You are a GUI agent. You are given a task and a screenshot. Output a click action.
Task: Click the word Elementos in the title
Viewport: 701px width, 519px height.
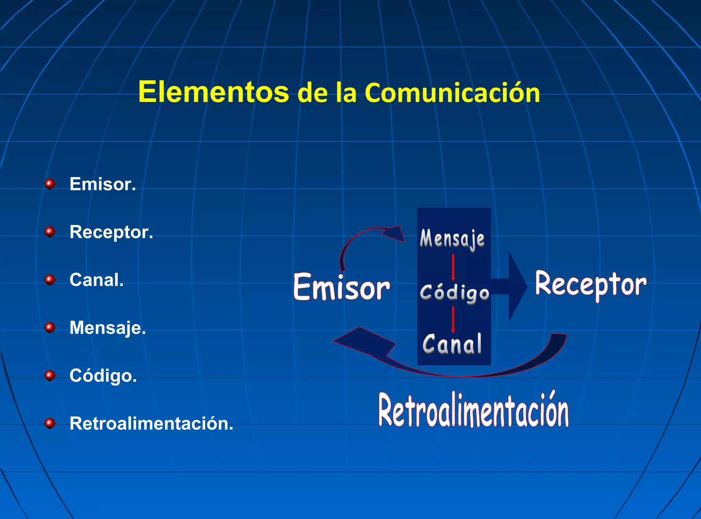click(214, 92)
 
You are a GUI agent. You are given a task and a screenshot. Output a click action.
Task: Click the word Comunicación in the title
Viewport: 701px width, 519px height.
click(452, 93)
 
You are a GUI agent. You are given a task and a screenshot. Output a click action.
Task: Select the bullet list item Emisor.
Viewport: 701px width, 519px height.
click(103, 184)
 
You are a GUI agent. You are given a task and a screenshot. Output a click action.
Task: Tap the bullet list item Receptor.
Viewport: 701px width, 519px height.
click(111, 232)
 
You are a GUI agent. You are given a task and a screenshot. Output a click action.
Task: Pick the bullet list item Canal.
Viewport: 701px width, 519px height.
click(97, 280)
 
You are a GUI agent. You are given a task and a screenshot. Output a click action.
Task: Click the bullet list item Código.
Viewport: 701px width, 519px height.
click(103, 376)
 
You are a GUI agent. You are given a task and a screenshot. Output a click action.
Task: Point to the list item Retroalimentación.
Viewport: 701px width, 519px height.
click(151, 424)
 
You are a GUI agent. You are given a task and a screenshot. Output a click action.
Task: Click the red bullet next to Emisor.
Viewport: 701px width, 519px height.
click(50, 184)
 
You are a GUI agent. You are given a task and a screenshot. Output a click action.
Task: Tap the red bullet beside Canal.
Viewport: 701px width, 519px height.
click(50, 280)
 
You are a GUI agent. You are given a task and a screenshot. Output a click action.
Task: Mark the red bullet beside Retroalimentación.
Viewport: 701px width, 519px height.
click(50, 424)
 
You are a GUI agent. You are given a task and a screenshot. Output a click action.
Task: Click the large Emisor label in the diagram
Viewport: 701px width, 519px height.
click(341, 287)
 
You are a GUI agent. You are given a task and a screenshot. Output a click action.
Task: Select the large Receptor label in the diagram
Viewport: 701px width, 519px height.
click(590, 284)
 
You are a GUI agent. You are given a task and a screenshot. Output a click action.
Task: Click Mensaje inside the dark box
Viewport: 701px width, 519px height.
click(452, 238)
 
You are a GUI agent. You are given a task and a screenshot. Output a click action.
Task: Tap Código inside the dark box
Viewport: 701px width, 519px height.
click(454, 293)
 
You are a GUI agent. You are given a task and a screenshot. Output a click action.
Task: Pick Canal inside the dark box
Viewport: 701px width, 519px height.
click(452, 344)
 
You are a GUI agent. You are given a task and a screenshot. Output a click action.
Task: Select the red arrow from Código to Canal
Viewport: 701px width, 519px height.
click(453, 320)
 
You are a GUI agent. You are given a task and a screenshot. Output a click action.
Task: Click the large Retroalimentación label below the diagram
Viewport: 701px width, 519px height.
click(473, 411)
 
